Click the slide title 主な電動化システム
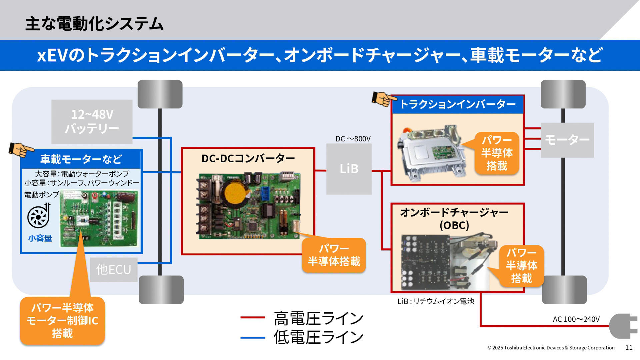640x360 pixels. (x=94, y=24)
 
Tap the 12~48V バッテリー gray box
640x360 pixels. (x=92, y=122)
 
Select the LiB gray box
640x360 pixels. (x=349, y=169)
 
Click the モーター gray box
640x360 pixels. (x=567, y=140)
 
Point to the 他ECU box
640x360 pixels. (x=114, y=270)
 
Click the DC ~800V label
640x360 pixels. (x=353, y=139)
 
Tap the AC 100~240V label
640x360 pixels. (x=576, y=319)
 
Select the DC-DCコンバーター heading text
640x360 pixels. (x=248, y=158)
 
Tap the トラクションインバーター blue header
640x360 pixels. (x=457, y=105)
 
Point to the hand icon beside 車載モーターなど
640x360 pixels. (x=21, y=150)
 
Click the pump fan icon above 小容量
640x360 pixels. (x=39, y=216)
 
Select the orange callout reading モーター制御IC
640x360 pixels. (x=62, y=321)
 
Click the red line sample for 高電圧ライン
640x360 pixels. (x=252, y=318)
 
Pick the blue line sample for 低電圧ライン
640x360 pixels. (x=252, y=338)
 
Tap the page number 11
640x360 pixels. (x=629, y=348)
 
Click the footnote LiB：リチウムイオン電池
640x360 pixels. (x=435, y=301)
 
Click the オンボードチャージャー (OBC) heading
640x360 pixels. (x=454, y=219)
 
